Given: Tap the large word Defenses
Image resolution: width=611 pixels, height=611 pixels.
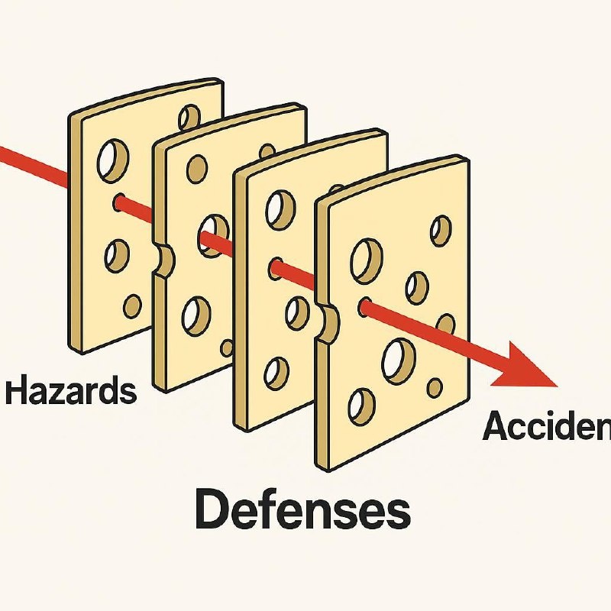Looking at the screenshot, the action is pos(302,509).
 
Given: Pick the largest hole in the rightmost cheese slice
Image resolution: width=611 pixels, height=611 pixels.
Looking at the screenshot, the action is pos(398,360).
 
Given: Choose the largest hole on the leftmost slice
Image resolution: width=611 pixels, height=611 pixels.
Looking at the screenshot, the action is pos(112,158).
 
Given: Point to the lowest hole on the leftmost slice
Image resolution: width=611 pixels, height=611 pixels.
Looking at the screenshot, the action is pos(132,306).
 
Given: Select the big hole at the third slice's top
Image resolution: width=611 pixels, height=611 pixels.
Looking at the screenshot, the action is pos(280,209).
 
